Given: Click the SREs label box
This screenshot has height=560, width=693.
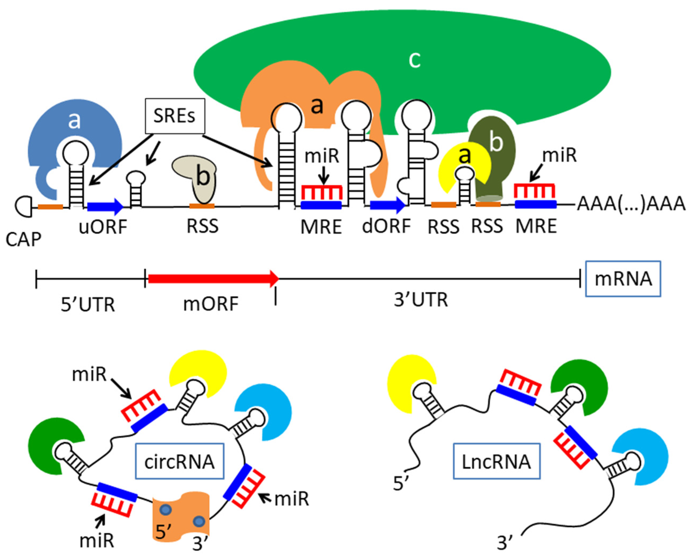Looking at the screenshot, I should (175, 116).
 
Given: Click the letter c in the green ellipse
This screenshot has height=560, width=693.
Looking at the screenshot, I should (415, 60).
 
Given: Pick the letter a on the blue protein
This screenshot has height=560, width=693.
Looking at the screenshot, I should (74, 121).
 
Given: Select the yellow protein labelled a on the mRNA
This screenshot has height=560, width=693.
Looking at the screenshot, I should (452, 161).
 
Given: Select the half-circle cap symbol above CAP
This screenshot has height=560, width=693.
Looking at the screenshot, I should (23, 206).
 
